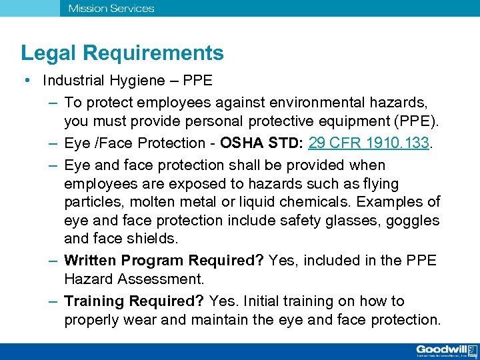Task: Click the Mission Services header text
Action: point(111,9)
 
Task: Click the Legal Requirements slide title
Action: point(122,53)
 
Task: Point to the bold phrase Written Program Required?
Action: point(164,260)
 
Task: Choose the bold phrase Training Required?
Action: point(134,301)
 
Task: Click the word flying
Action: point(379,183)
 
